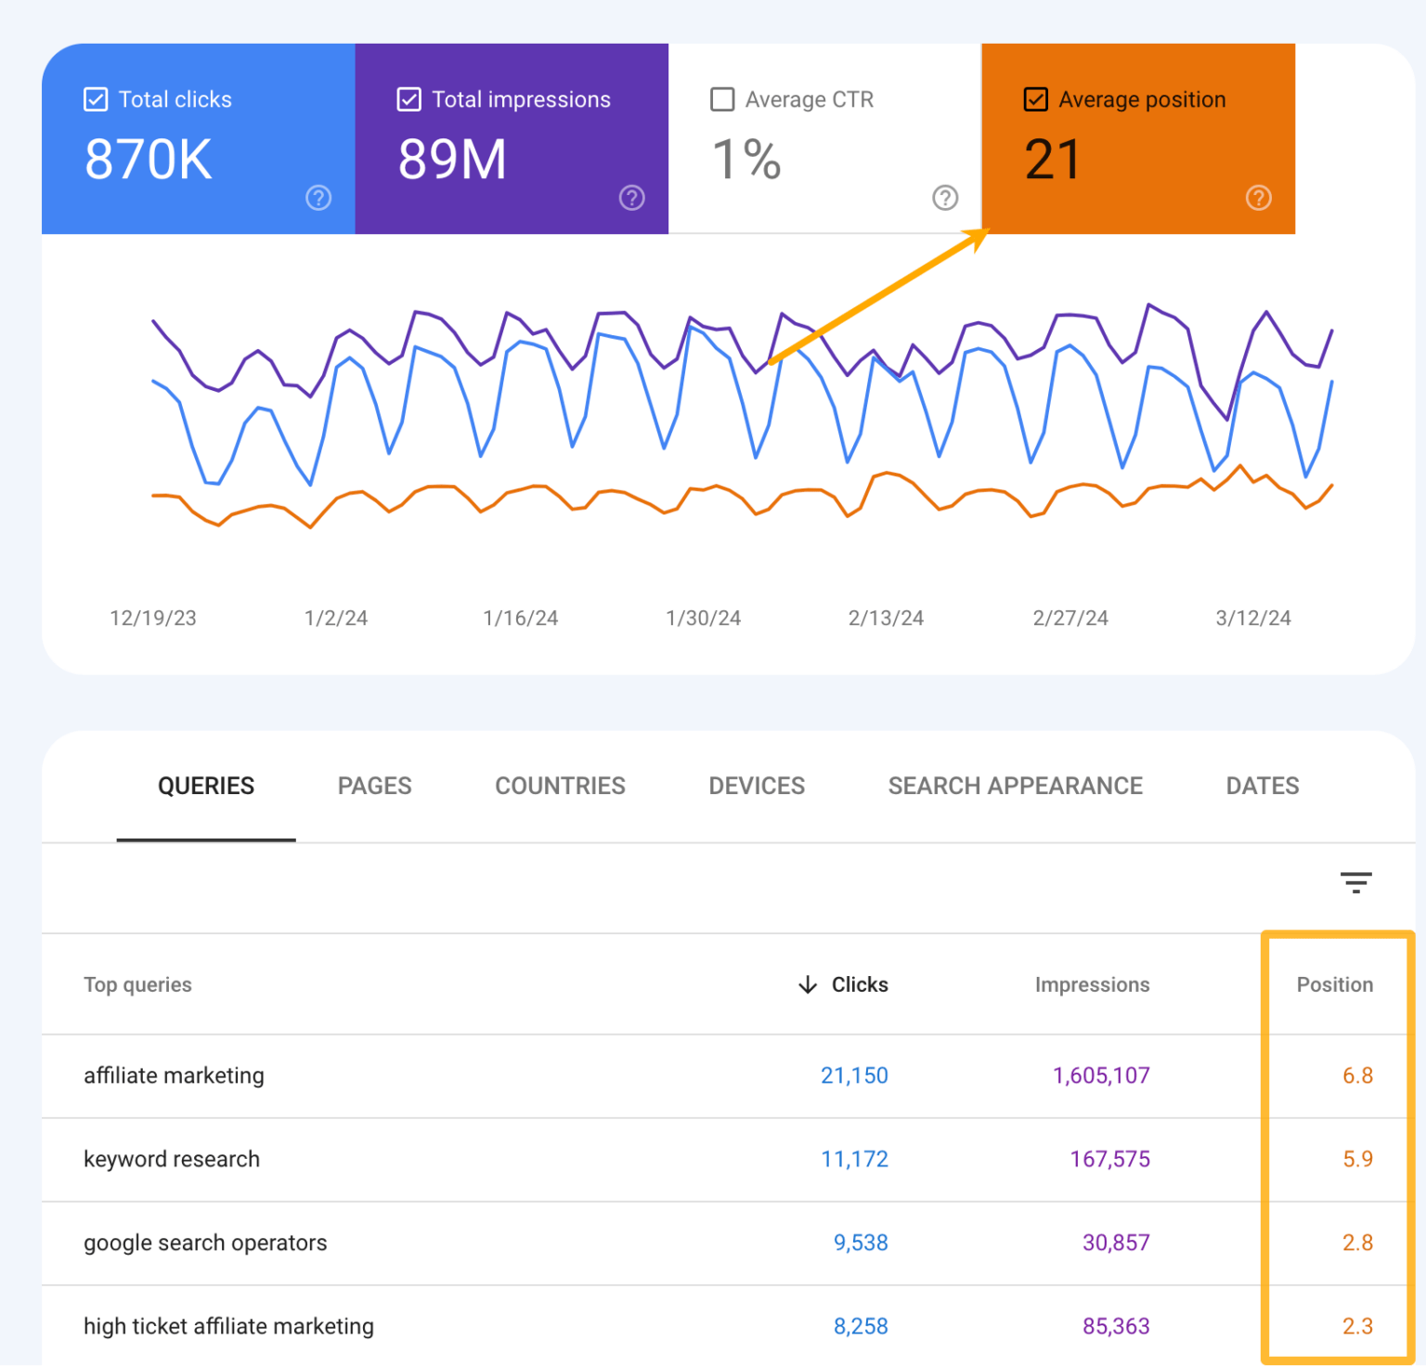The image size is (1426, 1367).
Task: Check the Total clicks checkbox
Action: coord(96,99)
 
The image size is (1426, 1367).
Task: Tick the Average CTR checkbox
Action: coord(722,99)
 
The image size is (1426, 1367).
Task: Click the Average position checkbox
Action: coord(1036,99)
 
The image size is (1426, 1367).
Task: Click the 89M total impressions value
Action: coord(452,160)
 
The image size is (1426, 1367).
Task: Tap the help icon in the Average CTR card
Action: coord(945,198)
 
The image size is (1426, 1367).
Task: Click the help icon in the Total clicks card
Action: coord(318,198)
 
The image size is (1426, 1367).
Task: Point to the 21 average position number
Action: coord(1053,160)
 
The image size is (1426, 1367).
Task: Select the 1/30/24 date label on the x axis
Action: coord(703,618)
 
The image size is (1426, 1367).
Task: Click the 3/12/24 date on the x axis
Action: coord(1252,618)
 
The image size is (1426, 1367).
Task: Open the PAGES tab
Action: coord(374,786)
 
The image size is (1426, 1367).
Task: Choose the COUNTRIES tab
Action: coord(560,786)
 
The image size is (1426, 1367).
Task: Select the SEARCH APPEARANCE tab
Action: coord(1015,786)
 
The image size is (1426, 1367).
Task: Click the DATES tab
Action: coord(1262,786)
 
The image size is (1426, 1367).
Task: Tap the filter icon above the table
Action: coord(1355,882)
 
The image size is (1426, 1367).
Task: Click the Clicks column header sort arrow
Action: coord(808,984)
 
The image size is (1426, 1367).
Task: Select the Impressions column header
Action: coord(1092,984)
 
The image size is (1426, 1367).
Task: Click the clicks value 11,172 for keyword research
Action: coord(854,1159)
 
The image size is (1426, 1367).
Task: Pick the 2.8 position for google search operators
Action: coord(1356,1243)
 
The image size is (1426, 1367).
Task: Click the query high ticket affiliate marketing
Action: coord(228,1326)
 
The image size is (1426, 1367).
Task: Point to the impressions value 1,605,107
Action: coord(1101,1075)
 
